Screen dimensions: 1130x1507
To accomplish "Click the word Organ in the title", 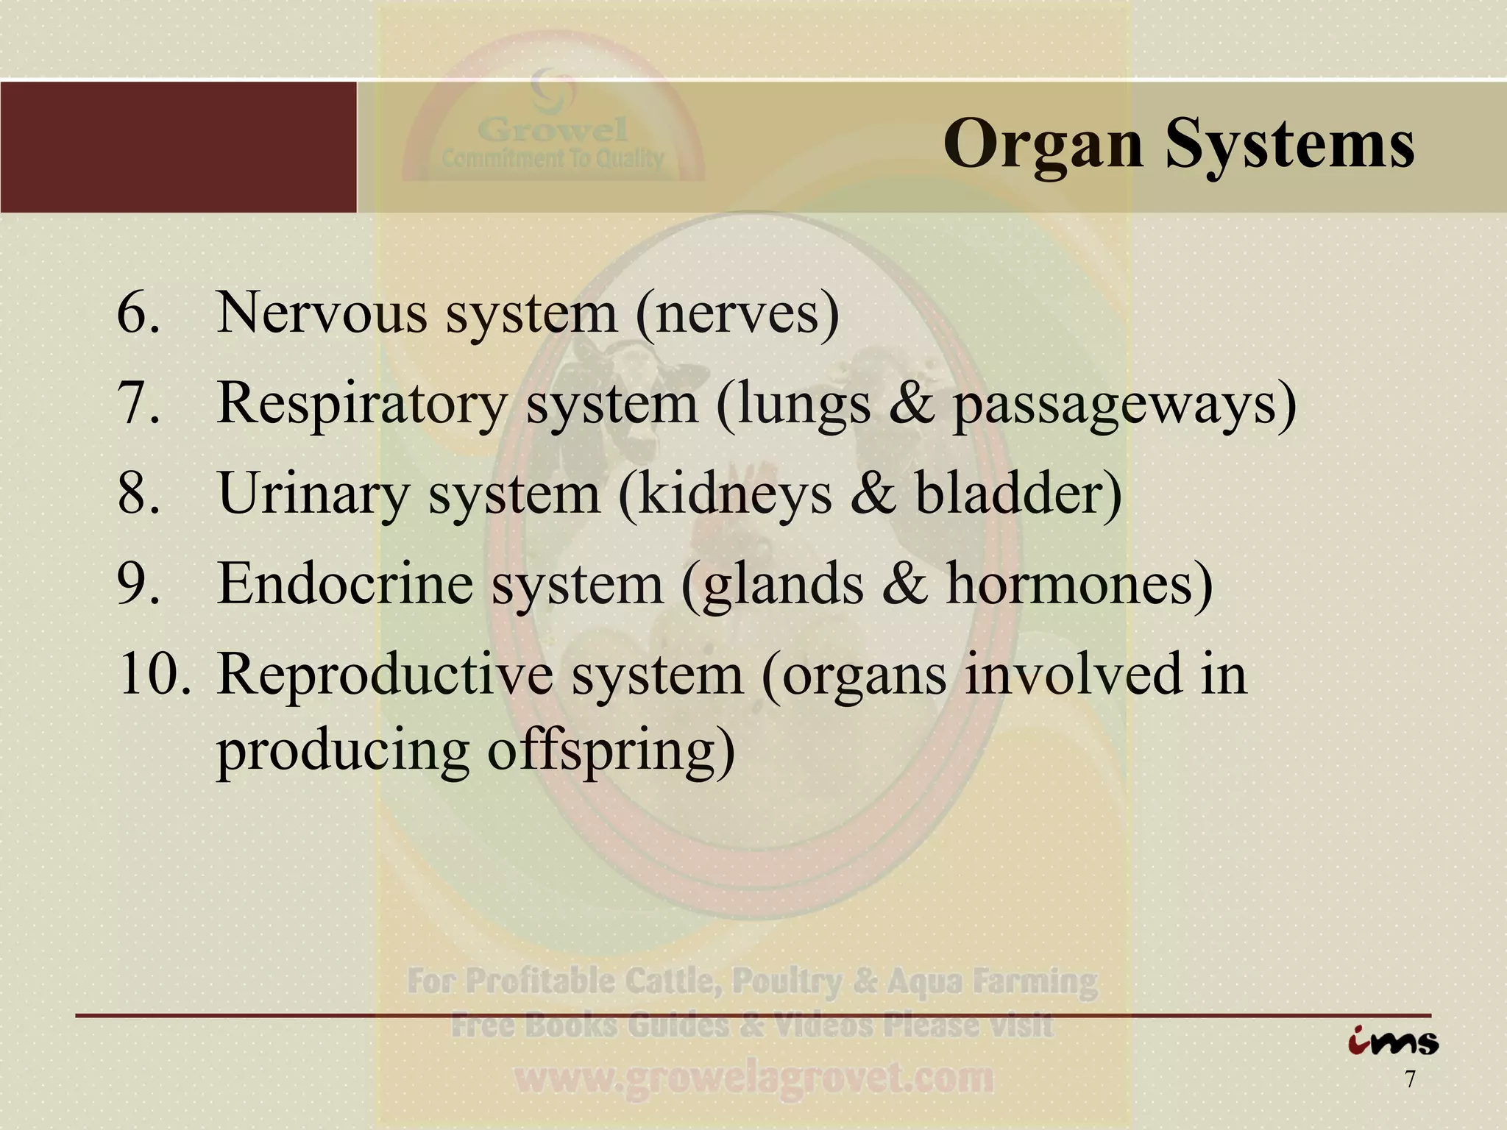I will click(1043, 145).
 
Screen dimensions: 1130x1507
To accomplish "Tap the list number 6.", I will click(138, 313).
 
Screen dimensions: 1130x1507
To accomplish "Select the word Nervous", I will click(322, 313).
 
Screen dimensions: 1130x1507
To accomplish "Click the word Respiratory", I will click(362, 405).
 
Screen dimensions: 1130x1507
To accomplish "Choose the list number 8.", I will click(138, 493).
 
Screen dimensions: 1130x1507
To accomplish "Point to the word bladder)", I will click(1019, 493).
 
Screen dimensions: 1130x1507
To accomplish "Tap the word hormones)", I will click(1079, 583).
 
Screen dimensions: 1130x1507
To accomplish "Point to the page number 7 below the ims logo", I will click(1410, 1080).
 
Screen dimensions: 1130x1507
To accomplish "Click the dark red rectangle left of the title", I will click(178, 147).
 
